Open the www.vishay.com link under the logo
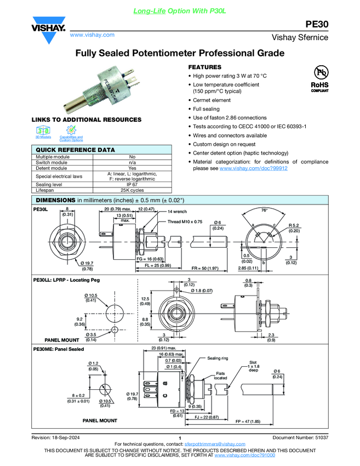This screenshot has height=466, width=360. click(x=92, y=35)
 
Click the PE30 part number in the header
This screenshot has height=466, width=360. click(x=316, y=24)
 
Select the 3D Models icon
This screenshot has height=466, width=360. click(x=43, y=131)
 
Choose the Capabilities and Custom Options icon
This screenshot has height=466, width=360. click(x=71, y=132)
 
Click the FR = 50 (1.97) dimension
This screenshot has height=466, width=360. click(x=205, y=269)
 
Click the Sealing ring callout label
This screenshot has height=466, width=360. click(x=218, y=358)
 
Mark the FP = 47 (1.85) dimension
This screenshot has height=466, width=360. click(x=248, y=421)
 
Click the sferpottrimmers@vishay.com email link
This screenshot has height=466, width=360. click(x=214, y=443)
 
